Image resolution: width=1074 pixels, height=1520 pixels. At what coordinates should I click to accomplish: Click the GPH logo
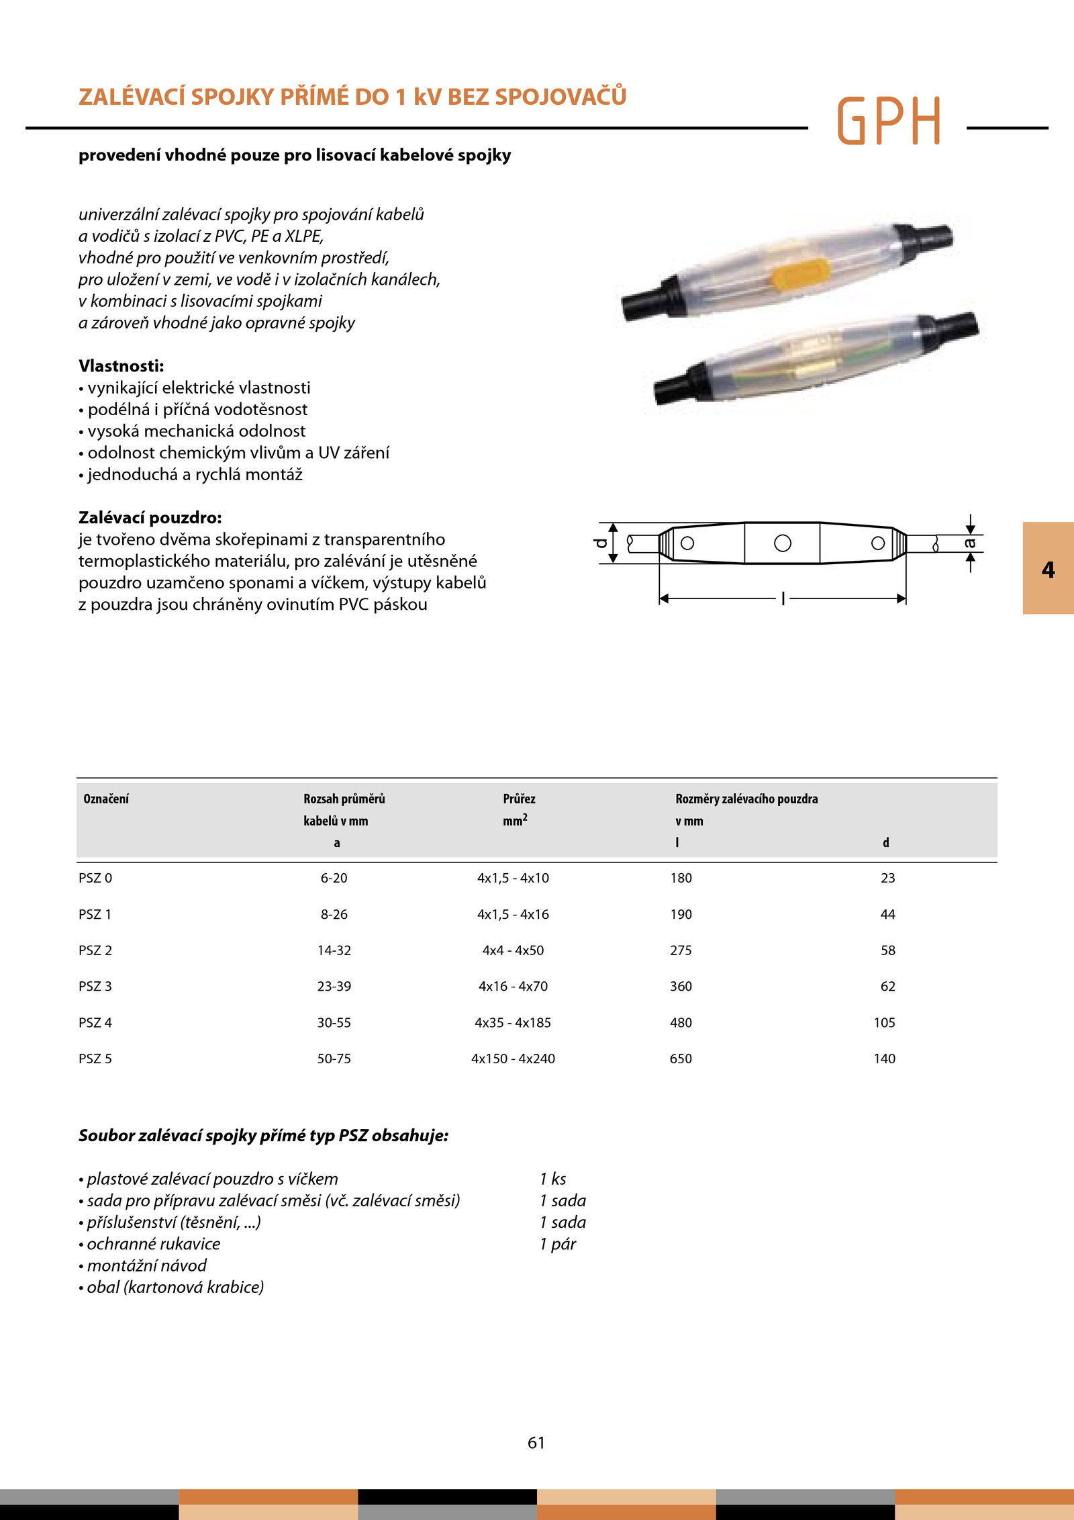[x=889, y=121]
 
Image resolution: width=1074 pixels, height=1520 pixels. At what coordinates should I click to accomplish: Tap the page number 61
[x=536, y=1443]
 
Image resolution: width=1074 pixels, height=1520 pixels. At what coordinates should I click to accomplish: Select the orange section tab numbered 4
[x=1048, y=569]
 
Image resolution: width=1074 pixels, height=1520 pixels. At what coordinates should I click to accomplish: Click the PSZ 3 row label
[x=95, y=986]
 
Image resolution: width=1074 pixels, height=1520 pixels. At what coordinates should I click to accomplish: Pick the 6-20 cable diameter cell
[x=334, y=878]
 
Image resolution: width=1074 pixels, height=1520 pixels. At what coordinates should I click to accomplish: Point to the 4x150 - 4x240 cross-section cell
[x=513, y=1059]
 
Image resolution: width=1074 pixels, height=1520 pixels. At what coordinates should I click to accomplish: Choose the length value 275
[x=681, y=950]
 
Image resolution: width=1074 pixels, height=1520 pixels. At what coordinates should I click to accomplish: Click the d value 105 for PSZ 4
[x=884, y=1022]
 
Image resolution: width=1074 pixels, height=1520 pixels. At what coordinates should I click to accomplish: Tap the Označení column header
[x=106, y=799]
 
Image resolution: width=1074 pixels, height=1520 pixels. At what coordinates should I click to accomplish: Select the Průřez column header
[x=519, y=799]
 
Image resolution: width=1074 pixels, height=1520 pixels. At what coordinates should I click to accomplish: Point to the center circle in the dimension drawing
[x=783, y=543]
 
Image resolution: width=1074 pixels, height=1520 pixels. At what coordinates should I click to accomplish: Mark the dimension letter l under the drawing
[x=783, y=598]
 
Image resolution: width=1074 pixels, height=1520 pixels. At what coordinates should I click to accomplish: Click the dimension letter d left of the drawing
[x=601, y=543]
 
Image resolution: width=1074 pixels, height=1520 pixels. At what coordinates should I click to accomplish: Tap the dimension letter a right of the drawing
[x=970, y=543]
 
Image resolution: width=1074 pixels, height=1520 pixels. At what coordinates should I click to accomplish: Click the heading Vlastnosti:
[x=121, y=366]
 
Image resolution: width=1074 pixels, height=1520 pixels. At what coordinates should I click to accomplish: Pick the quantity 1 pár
[x=558, y=1244]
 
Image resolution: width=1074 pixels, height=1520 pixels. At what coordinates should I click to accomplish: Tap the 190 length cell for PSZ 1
[x=681, y=914]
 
